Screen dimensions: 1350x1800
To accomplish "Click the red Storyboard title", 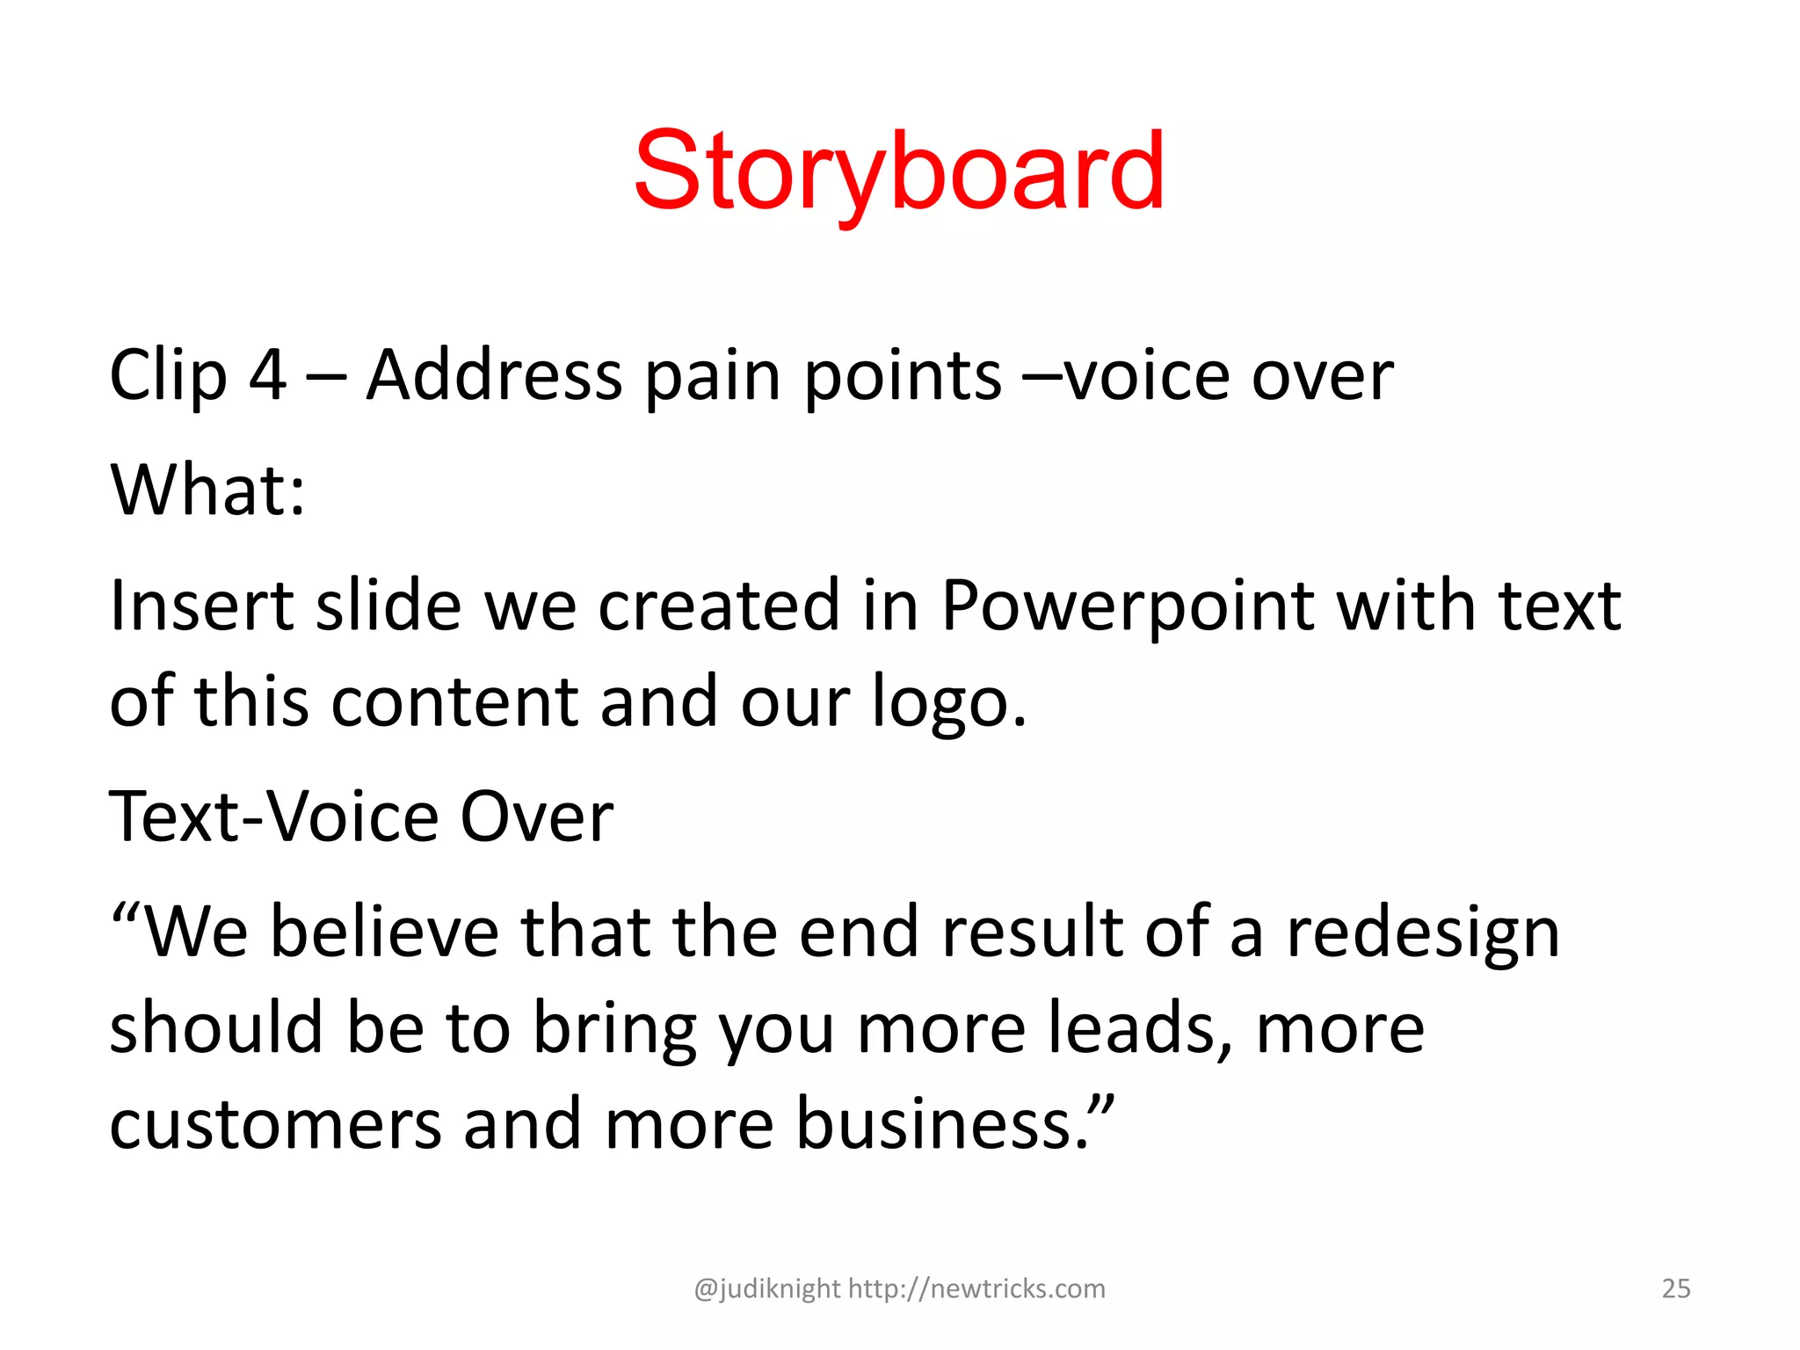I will (899, 171).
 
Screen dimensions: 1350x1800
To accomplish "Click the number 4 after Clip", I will (267, 375).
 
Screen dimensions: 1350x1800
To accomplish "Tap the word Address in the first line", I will (494, 375).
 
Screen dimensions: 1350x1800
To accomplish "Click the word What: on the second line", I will (208, 490).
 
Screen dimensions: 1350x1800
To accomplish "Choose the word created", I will (719, 606).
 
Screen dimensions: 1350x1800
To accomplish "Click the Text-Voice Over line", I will (361, 817).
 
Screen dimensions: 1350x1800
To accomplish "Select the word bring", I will (614, 1030).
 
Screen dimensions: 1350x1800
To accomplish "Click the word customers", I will (275, 1124).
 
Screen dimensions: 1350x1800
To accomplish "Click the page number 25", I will (1676, 1288).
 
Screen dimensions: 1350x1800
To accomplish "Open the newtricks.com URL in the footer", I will (976, 1288).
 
